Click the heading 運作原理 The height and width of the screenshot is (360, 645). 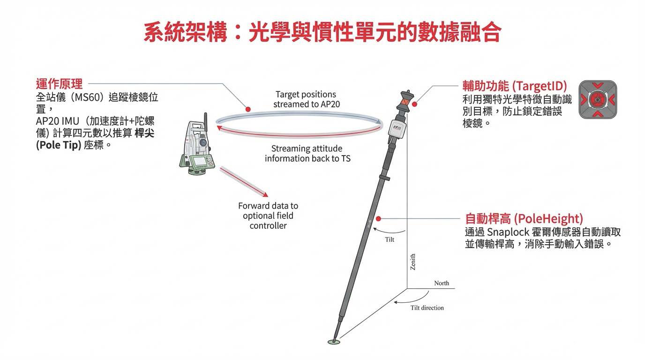(59, 84)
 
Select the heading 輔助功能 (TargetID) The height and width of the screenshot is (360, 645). (515, 86)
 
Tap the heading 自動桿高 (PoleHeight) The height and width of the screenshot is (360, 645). (524, 219)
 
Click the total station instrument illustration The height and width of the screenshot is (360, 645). (199, 145)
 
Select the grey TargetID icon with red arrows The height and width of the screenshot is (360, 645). (597, 99)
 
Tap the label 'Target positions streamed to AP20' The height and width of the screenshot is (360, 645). (306, 99)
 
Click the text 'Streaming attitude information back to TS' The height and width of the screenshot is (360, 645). (307, 154)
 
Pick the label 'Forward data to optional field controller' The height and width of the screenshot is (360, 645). (268, 216)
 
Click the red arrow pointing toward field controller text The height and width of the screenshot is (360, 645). (244, 182)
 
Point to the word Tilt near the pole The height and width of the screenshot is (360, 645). (390, 240)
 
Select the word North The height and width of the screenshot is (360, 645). (441, 283)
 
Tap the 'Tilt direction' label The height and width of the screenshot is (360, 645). (427, 308)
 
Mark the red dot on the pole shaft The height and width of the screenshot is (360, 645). (378, 218)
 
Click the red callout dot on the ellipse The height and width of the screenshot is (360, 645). (248, 109)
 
